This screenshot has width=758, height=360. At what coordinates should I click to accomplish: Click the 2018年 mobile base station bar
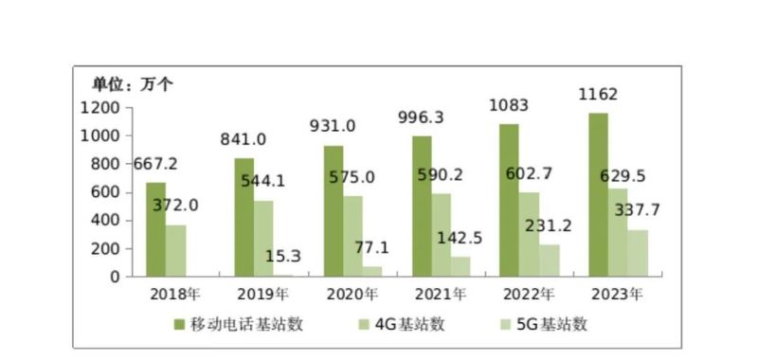click(155, 229)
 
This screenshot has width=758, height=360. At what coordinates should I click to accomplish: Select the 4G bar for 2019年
click(263, 238)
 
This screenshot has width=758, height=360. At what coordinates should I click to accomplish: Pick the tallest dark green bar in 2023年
click(598, 194)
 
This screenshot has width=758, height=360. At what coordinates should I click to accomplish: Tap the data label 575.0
click(352, 177)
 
